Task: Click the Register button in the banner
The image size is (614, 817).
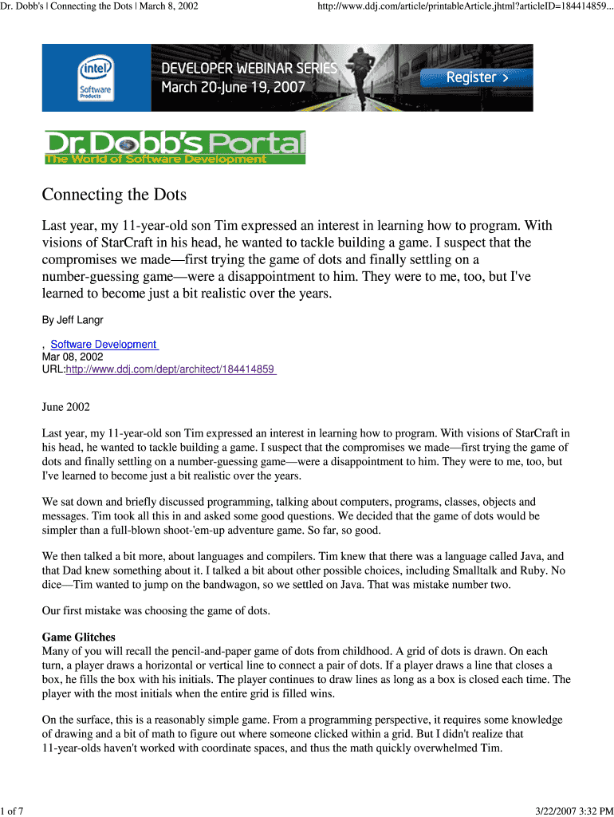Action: (477, 77)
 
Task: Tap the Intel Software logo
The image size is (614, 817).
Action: (95, 77)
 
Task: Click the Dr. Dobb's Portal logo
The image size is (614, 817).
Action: (175, 148)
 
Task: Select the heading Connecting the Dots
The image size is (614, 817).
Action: (114, 195)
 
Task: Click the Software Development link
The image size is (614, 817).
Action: (104, 344)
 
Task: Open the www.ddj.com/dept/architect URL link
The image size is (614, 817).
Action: (171, 369)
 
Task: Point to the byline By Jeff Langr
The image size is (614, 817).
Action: (73, 320)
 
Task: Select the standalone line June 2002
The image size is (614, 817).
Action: (65, 407)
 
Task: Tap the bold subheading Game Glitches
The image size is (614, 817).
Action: (78, 637)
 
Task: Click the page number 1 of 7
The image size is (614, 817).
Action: (12, 811)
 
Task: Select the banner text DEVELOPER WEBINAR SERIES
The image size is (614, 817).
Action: (250, 69)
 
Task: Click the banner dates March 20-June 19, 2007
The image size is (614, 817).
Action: (234, 87)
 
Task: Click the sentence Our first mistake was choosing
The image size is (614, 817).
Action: (155, 611)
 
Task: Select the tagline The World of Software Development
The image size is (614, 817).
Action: (156, 159)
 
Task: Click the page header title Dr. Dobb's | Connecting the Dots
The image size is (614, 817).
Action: (100, 6)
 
